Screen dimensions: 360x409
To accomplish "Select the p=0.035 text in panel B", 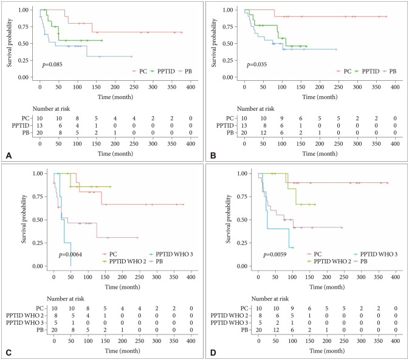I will click(258, 63).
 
